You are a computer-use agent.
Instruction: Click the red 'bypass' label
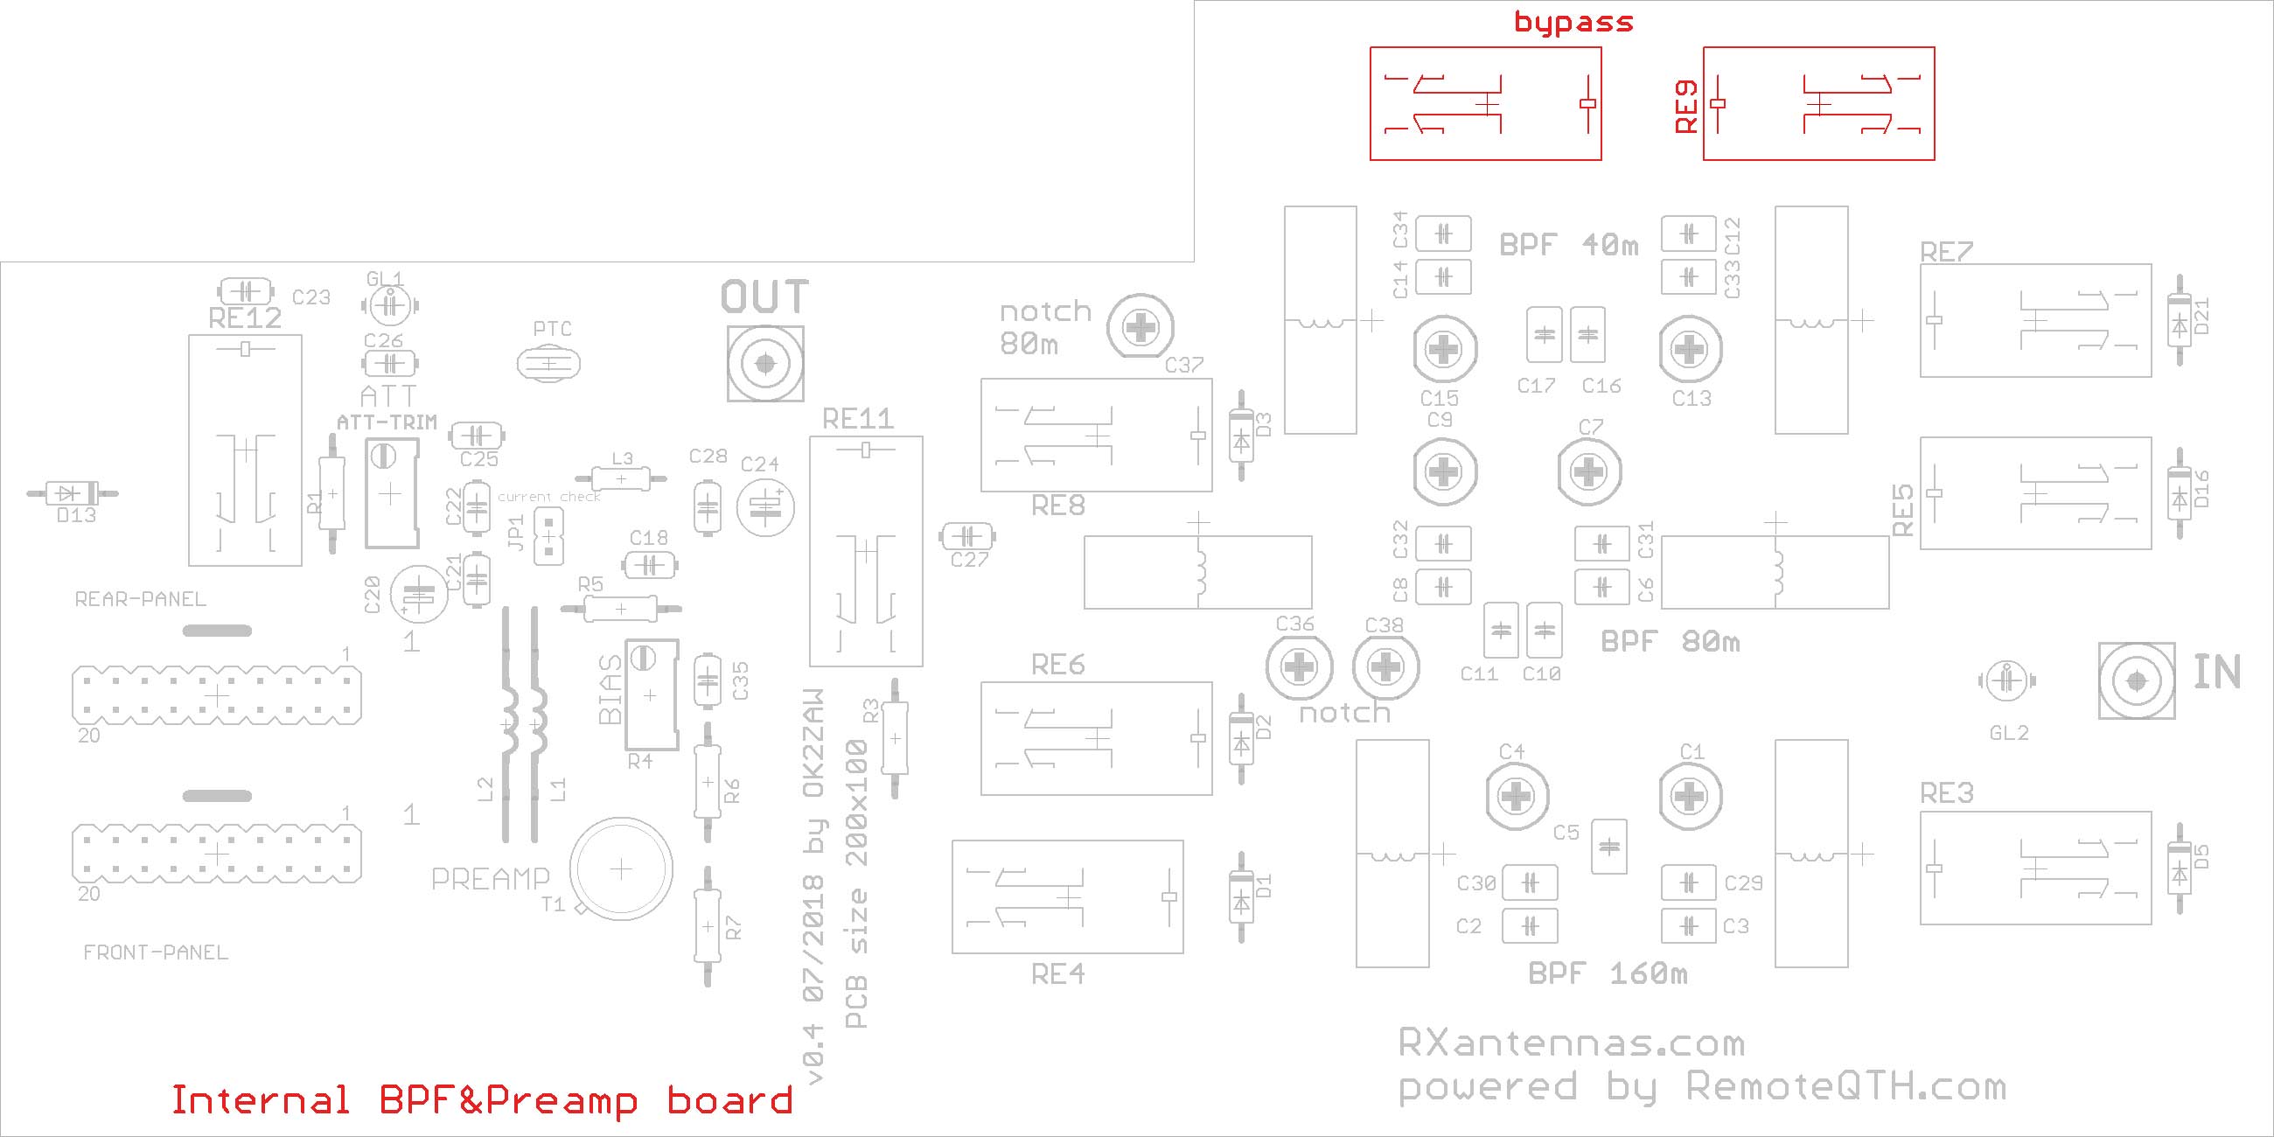coord(1573,22)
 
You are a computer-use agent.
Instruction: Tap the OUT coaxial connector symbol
coord(764,363)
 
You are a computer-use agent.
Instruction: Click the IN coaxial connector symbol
coord(2137,680)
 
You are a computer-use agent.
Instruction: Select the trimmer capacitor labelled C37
coord(1140,327)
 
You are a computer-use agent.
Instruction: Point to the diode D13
coord(73,493)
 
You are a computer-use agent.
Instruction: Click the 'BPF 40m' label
coord(1569,245)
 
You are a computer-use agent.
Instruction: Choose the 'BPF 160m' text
coord(1608,973)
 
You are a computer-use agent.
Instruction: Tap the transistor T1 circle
coord(621,868)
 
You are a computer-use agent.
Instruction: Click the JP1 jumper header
coord(549,536)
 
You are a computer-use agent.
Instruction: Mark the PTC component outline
coord(548,363)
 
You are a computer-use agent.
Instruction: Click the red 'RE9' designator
coord(1686,107)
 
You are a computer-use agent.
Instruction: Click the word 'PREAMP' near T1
coord(490,878)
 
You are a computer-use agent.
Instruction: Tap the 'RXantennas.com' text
coord(1572,1043)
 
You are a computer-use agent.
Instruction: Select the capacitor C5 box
coord(1608,847)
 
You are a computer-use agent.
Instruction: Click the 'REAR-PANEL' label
coord(140,599)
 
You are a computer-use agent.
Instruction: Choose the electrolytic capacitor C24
coord(765,506)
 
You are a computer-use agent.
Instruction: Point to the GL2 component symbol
coord(2006,680)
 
